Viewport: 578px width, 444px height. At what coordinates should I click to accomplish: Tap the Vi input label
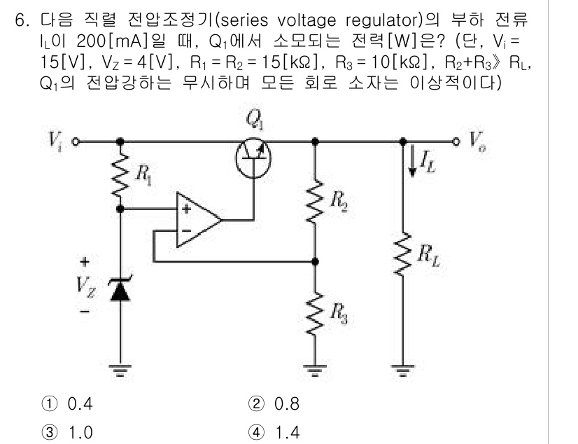pos(55,140)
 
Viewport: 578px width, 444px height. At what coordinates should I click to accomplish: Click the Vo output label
pos(476,140)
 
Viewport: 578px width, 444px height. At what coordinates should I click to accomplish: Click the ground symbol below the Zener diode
pos(122,370)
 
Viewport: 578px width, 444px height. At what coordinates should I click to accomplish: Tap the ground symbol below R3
pos(315,370)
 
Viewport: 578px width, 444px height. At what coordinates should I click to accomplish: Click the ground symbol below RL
pos(402,370)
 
